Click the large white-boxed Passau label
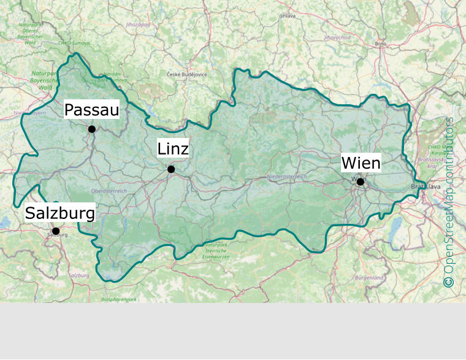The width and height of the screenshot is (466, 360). point(91,110)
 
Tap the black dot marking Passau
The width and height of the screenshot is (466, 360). point(92,129)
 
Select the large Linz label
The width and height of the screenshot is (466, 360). point(173,149)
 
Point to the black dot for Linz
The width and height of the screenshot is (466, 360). point(171,169)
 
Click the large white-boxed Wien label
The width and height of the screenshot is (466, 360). point(361,163)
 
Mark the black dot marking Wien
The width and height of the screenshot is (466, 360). point(361,182)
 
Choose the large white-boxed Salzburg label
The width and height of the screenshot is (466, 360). point(60,213)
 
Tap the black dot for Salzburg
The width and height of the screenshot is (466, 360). point(56,231)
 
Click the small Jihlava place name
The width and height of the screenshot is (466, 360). point(287,15)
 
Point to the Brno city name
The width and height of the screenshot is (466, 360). point(381,44)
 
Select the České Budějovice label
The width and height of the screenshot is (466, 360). point(187,74)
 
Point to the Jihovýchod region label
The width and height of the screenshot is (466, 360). point(337,37)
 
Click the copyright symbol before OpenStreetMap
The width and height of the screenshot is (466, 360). point(449,281)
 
